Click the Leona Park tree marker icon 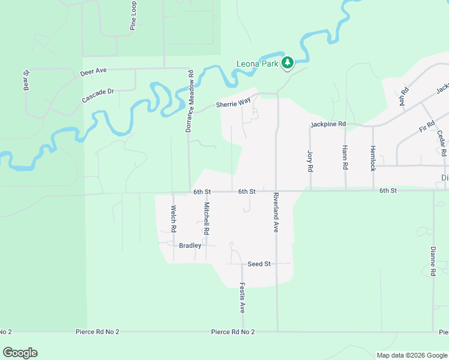click(288, 62)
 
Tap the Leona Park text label click(258, 64)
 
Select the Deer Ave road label click(93, 71)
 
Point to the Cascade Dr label click(98, 95)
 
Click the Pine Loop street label click(133, 16)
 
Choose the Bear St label click(26, 82)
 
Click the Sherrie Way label click(234, 103)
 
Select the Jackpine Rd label click(328, 124)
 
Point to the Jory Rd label click(310, 161)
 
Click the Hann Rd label click(345, 158)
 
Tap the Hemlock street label click(373, 158)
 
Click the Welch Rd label click(173, 219)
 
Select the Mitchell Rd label click(206, 218)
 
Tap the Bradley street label click(190, 245)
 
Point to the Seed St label click(259, 264)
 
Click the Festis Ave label click(243, 298)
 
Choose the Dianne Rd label click(432, 260)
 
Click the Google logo click(20, 353)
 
